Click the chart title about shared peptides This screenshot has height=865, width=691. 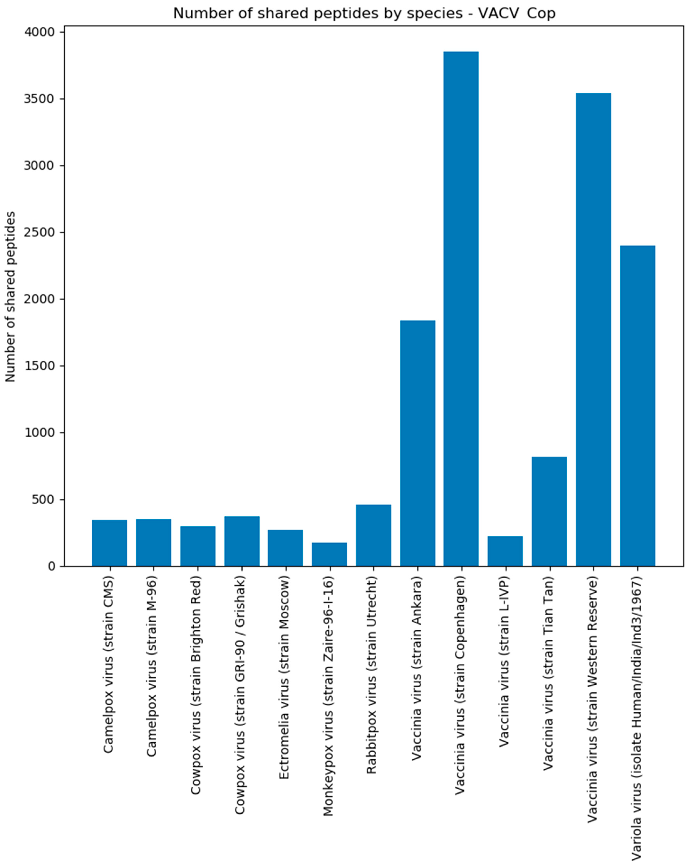coord(364,13)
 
